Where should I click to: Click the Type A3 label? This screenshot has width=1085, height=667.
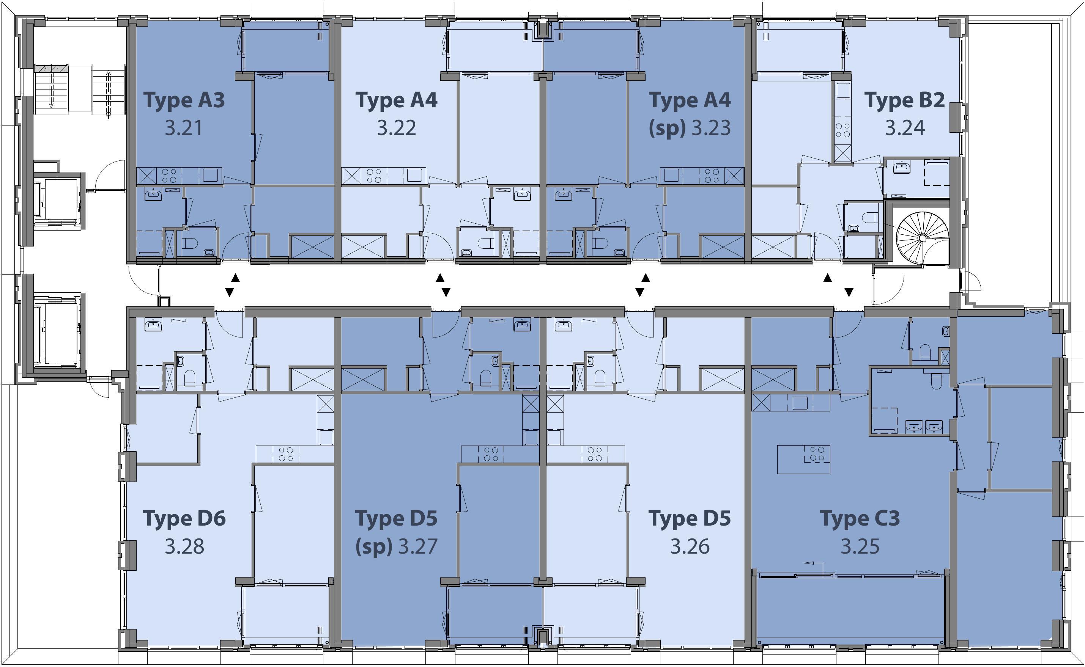pos(184,100)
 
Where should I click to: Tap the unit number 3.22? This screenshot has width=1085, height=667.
pos(397,128)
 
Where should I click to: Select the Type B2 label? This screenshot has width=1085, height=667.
pos(904,100)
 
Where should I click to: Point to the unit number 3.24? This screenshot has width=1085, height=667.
pos(905,128)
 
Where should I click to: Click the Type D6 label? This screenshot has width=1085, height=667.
pos(184,518)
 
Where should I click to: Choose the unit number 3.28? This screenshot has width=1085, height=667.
pos(184,546)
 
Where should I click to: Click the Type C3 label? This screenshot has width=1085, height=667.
pos(860,518)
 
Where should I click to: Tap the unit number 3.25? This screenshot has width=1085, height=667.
pos(860,546)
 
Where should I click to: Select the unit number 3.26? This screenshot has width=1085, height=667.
pos(690,546)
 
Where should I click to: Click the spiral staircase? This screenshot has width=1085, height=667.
pos(922,238)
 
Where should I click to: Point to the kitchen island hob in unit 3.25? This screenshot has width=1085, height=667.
pos(814,454)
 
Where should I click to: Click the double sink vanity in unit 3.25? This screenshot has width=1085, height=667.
pos(924,426)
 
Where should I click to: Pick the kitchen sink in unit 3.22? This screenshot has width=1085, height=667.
pos(414,175)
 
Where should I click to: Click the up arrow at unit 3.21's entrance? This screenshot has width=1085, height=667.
pos(235,278)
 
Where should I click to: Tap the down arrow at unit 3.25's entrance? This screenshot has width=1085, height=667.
pos(849,292)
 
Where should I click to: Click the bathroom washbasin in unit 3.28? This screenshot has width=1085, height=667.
pos(153,326)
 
